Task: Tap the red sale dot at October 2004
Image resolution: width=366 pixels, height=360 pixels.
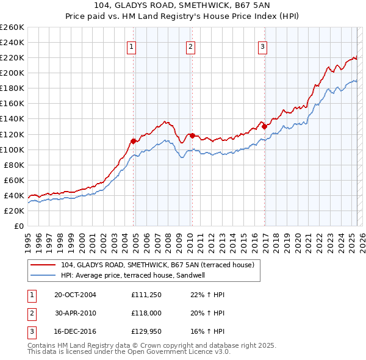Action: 133,140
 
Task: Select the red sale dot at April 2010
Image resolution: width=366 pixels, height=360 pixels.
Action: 192,135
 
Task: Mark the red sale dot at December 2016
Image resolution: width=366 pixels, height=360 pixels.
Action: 264,126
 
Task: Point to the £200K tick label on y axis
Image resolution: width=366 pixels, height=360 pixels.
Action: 12,73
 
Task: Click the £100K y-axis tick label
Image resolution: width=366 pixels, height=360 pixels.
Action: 12,149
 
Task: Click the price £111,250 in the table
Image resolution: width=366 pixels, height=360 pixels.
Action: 145,295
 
